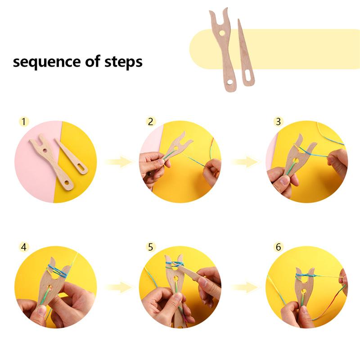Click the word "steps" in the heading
click(123, 62)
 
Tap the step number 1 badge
click(24, 121)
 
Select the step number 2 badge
click(151, 121)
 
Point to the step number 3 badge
click(278, 121)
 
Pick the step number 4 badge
click(24, 247)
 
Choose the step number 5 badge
click(151, 247)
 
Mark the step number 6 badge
click(278, 247)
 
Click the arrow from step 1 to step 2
click(119, 162)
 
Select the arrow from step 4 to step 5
click(119, 287)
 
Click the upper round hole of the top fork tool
click(222, 33)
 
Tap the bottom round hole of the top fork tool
click(229, 82)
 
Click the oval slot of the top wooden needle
click(247, 75)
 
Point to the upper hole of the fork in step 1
click(45, 151)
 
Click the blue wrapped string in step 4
click(58, 271)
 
